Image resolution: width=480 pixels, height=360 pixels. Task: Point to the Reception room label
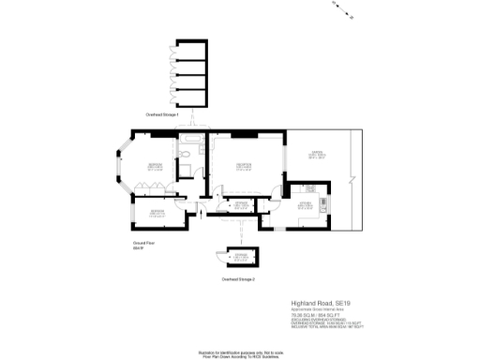pyautogui.click(x=246, y=167)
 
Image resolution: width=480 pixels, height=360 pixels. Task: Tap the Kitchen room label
pyautogui.click(x=306, y=203)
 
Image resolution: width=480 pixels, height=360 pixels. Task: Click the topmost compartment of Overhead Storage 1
pyautogui.click(x=191, y=50)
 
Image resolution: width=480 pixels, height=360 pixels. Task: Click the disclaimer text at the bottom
pyautogui.click(x=239, y=353)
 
